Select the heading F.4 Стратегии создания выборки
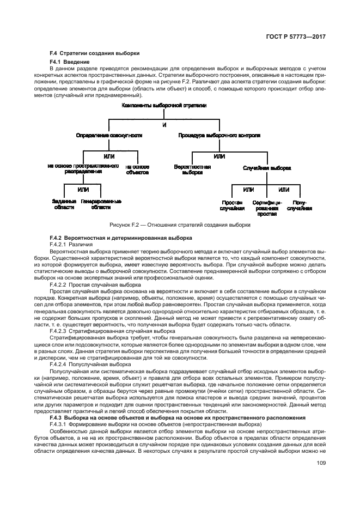[94, 53]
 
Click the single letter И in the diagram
[164, 125]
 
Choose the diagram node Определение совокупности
[108, 135]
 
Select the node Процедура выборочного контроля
[219, 135]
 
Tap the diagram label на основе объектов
[137, 169]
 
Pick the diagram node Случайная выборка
[267, 168]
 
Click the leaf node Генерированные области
[101, 204]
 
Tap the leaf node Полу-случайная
[299, 205]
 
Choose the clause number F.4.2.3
[58, 331]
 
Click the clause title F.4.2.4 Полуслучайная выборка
[87, 363]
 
